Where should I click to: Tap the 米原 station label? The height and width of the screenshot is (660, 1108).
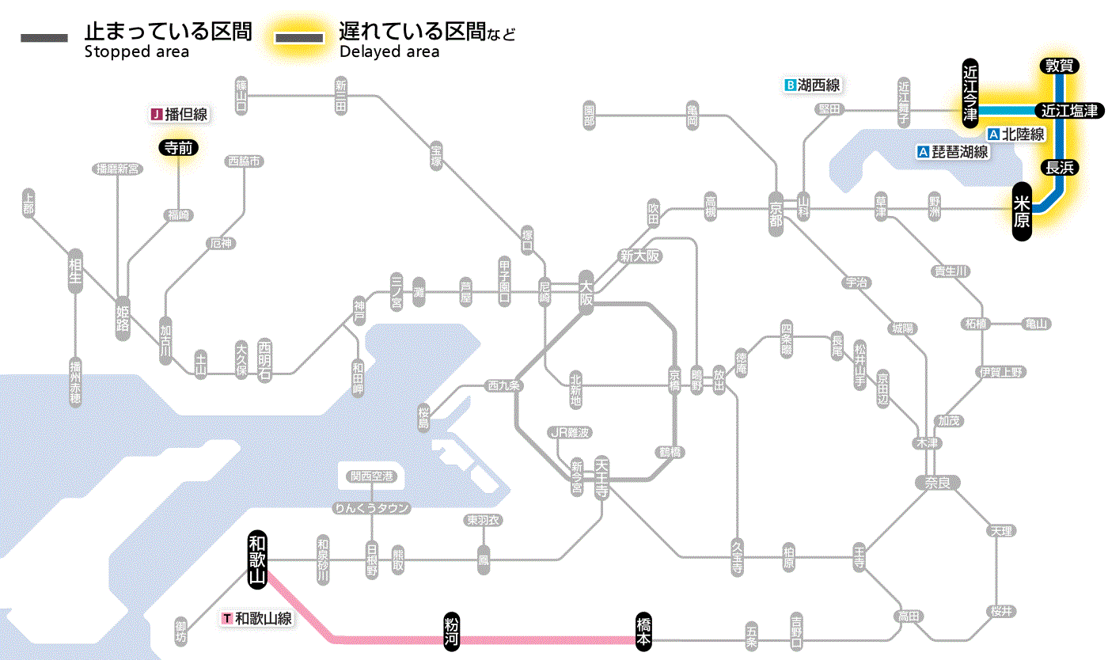(x=1023, y=211)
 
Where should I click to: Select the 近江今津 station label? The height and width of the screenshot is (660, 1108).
(x=970, y=93)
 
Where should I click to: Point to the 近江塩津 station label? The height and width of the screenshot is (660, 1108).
(x=1068, y=111)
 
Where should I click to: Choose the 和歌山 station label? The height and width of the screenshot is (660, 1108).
(x=257, y=558)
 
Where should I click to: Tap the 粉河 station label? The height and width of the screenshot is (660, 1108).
(x=452, y=632)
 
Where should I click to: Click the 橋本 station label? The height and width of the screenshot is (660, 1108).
(x=644, y=632)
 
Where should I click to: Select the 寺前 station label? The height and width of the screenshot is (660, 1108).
(x=178, y=147)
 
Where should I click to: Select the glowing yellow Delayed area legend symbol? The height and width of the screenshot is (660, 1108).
(x=298, y=38)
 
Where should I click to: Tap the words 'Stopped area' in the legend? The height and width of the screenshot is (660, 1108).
(x=136, y=52)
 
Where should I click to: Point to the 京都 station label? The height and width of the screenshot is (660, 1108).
(x=776, y=211)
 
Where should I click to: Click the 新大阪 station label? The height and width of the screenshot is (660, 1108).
(x=639, y=256)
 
